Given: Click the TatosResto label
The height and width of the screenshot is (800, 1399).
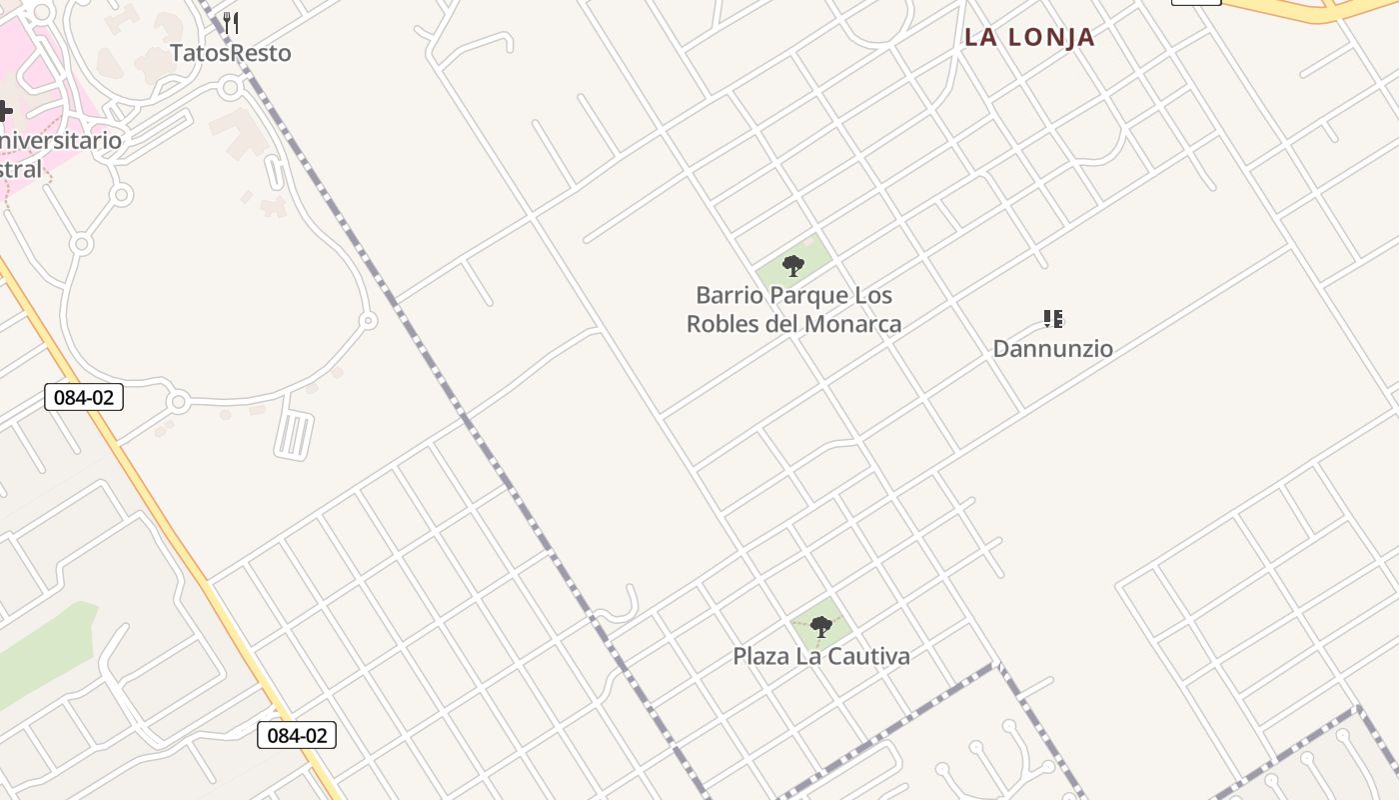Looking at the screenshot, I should (231, 53).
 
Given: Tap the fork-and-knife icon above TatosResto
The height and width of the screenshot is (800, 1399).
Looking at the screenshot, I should (231, 23).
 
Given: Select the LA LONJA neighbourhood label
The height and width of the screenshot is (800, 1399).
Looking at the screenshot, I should (1029, 38).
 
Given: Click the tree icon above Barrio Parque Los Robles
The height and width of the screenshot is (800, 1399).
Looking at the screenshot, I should (793, 266).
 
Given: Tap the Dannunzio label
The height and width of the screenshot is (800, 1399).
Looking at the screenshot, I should (1052, 349).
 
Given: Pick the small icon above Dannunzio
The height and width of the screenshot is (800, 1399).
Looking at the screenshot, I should (1052, 319).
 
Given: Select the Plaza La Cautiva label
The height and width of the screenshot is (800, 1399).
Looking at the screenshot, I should (821, 657).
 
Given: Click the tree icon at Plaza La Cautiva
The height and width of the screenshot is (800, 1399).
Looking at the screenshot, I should (821, 627).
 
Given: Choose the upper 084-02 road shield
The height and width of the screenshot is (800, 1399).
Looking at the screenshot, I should (84, 397).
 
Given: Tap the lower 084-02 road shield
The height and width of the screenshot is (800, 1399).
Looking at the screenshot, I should (297, 735).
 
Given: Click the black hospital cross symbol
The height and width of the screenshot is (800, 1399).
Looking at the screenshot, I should (4, 110).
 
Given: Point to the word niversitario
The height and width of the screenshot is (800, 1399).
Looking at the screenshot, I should (62, 140).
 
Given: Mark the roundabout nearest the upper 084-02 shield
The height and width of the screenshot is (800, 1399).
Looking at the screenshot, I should (178, 402).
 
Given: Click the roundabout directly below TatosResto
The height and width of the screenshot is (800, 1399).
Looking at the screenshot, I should (230, 88).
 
